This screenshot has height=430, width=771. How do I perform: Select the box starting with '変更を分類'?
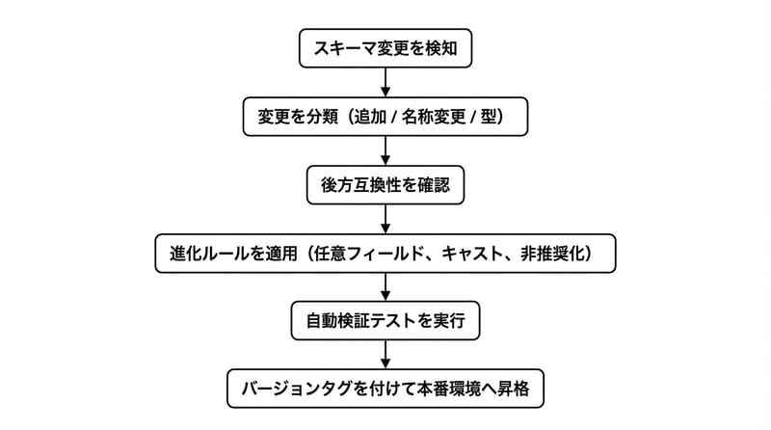click(x=385, y=117)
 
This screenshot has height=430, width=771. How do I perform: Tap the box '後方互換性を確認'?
click(x=385, y=185)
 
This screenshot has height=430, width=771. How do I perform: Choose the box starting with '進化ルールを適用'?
click(x=385, y=253)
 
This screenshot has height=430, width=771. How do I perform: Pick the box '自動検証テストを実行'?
click(x=385, y=321)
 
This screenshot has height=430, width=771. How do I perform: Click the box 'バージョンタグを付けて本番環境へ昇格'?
click(x=385, y=390)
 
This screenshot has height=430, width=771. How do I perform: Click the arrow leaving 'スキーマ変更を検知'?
click(x=385, y=82)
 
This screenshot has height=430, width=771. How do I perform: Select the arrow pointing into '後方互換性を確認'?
click(x=385, y=151)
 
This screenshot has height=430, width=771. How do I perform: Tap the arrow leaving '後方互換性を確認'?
click(x=385, y=219)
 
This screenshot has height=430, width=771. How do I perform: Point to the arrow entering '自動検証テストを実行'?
click(x=385, y=287)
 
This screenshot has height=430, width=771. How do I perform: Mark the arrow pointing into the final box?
click(x=385, y=356)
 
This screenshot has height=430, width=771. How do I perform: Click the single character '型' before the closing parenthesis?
click(x=503, y=117)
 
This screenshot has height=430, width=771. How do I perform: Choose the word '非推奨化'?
click(x=560, y=253)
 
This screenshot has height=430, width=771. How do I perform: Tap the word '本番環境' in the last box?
click(x=461, y=390)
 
